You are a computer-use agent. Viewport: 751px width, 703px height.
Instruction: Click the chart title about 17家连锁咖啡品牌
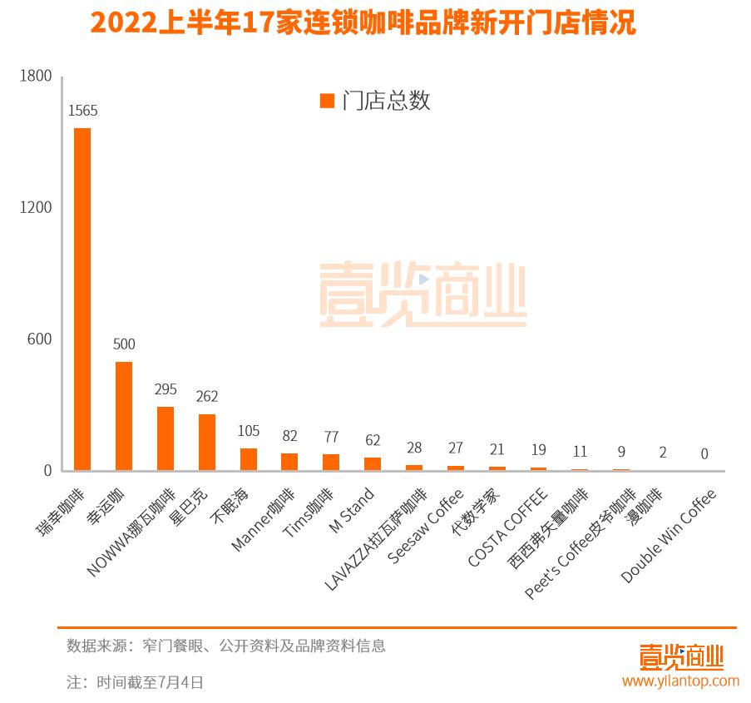coord(363,23)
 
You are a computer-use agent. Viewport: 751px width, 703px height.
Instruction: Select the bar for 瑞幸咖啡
coord(82,300)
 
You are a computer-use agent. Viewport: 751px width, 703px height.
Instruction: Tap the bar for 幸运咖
coord(124,416)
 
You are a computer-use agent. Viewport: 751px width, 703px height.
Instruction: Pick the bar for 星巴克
coord(207,442)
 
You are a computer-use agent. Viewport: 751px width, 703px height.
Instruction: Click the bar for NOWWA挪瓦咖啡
coord(166,438)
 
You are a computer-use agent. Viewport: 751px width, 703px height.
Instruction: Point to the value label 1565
coord(83,111)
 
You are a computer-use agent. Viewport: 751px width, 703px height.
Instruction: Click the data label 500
coord(124,344)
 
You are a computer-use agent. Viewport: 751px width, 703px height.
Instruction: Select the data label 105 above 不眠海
coord(249,431)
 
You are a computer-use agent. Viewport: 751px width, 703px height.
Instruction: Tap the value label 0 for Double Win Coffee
coord(704,454)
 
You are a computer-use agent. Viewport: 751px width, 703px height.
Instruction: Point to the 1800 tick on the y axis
coord(36,77)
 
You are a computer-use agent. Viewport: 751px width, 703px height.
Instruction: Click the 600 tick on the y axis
coord(39,339)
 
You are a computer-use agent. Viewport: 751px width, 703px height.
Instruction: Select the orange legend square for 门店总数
coord(327,101)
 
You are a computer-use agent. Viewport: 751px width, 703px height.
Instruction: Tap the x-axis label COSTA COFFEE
coord(508,528)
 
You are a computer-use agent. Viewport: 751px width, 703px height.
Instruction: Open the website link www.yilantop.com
coord(680,681)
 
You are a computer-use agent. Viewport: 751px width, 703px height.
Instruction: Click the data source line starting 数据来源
coord(226,646)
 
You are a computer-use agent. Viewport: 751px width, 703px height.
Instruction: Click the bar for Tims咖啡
coord(331,462)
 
